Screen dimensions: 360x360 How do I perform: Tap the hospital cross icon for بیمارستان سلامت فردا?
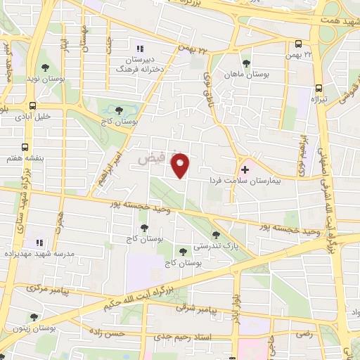[x=245, y=169]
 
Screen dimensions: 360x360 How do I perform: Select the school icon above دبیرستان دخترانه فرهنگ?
[x=139, y=49]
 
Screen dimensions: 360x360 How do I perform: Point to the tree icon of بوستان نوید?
[x=46, y=67]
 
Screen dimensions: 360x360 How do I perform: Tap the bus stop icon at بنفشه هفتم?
[x=25, y=148]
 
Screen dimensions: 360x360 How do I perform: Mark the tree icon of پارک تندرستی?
[x=215, y=236]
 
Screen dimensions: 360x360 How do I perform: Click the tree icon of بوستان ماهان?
[x=245, y=63]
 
